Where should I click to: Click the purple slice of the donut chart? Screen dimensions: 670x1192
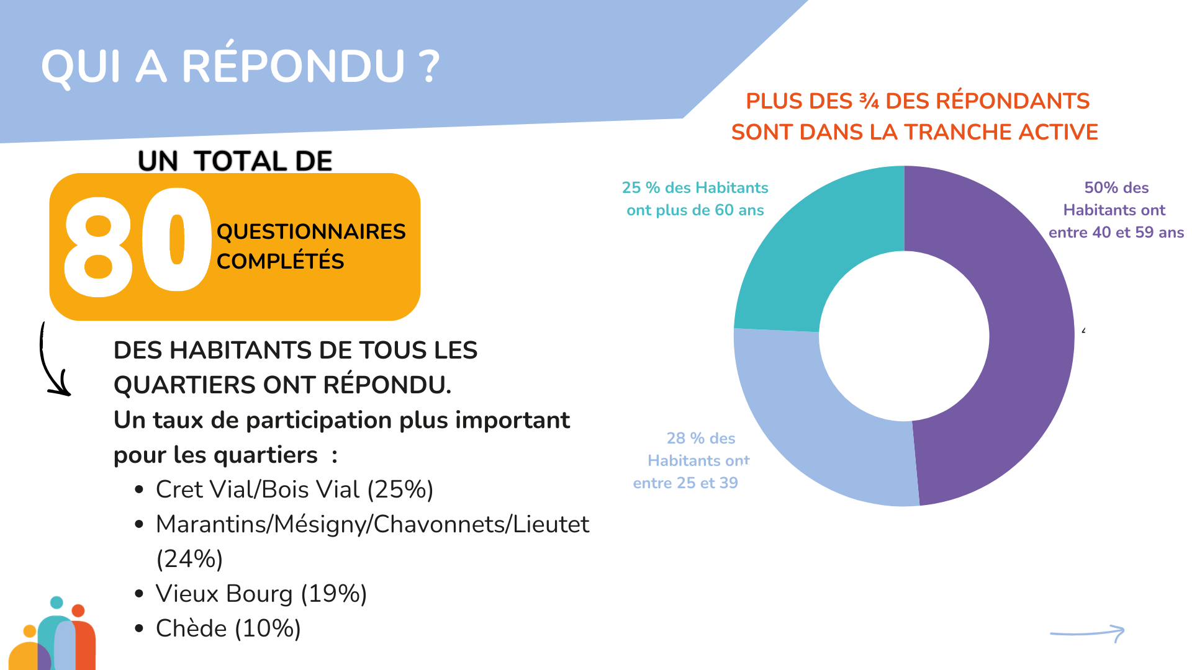[x=1024, y=347]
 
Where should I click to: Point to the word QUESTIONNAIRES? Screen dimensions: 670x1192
[x=310, y=231]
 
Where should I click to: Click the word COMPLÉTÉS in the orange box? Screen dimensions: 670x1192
[x=280, y=261]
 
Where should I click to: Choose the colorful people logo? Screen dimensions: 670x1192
[x=55, y=636]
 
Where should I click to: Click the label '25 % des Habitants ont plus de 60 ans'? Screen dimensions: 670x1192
[x=695, y=199]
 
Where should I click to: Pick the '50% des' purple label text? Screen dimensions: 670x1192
[x=1116, y=187]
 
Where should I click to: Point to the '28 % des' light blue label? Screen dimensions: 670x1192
[x=700, y=438]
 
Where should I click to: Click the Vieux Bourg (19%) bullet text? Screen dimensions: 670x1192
[x=261, y=594]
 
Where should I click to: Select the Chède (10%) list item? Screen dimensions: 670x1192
[x=228, y=628]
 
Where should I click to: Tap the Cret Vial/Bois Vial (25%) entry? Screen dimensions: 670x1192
[x=294, y=489]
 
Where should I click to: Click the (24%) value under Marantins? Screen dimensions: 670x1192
[x=189, y=559]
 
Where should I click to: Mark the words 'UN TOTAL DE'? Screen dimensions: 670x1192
[x=235, y=161]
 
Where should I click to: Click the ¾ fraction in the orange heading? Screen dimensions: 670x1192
[x=869, y=100]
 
